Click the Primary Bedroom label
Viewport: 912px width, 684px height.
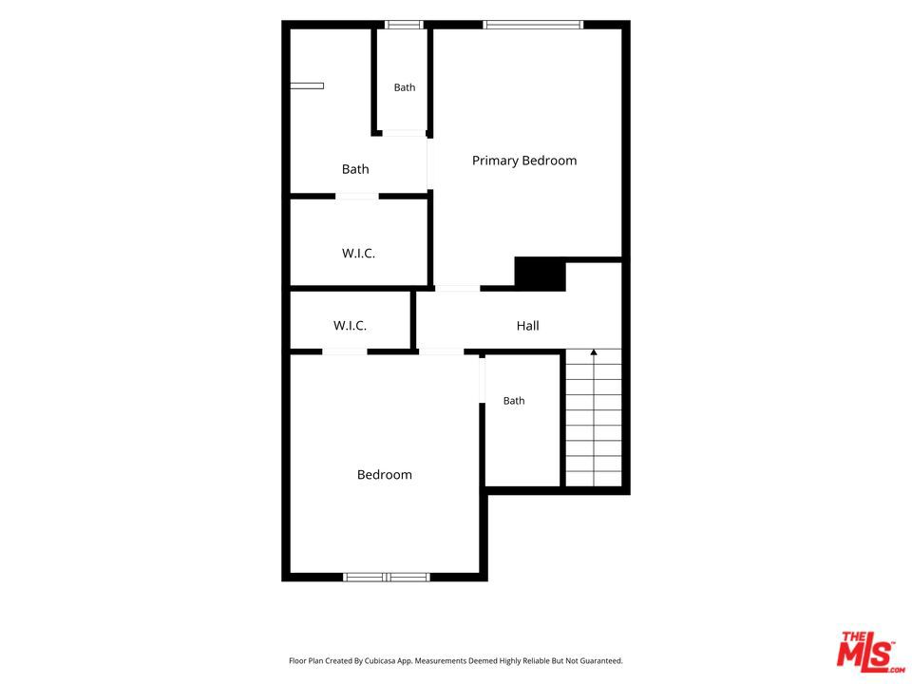pyautogui.click(x=524, y=161)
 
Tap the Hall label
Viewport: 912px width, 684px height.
pyautogui.click(x=527, y=326)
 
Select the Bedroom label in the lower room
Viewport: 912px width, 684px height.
pyautogui.click(x=385, y=475)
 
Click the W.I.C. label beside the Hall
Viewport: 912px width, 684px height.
pyautogui.click(x=350, y=326)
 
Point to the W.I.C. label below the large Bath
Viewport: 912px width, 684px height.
pyautogui.click(x=358, y=253)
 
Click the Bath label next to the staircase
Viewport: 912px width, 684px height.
pyautogui.click(x=514, y=401)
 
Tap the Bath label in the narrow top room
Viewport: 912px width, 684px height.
pyautogui.click(x=405, y=87)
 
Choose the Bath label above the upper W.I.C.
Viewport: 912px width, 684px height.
pyautogui.click(x=355, y=169)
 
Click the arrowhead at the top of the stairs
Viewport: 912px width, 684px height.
pyautogui.click(x=593, y=351)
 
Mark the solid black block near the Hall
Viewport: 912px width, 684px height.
pyautogui.click(x=540, y=274)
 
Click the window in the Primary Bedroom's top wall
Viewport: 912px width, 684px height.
pyautogui.click(x=533, y=25)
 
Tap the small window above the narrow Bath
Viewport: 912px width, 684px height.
pyautogui.click(x=404, y=25)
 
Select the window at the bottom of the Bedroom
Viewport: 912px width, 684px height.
pyautogui.click(x=387, y=577)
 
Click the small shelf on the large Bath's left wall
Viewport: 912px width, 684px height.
pyautogui.click(x=307, y=86)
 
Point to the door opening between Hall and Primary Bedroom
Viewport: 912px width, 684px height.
pyautogui.click(x=457, y=289)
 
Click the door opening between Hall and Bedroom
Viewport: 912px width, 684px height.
pyautogui.click(x=441, y=351)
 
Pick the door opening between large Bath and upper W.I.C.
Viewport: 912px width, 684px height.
pyautogui.click(x=356, y=196)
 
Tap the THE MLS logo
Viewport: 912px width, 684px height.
pyautogui.click(x=870, y=652)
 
